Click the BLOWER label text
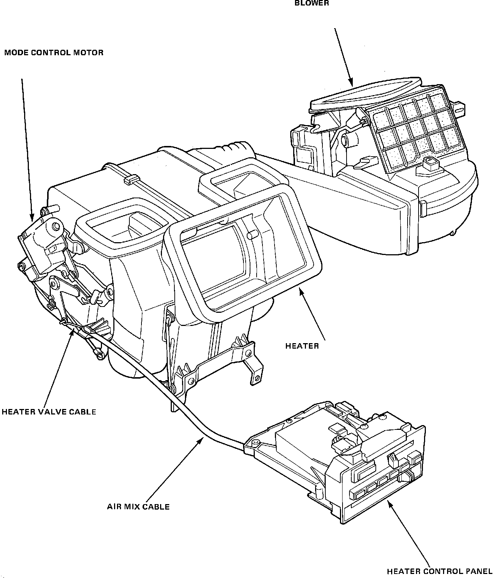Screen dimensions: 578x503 [x=311, y=3]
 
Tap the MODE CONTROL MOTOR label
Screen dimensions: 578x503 [x=54, y=53]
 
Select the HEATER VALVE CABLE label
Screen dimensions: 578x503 [x=49, y=412]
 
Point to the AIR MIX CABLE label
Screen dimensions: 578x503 [x=138, y=507]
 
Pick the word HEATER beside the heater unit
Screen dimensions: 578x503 [x=302, y=346]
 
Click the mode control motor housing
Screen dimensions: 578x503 [x=42, y=245]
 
